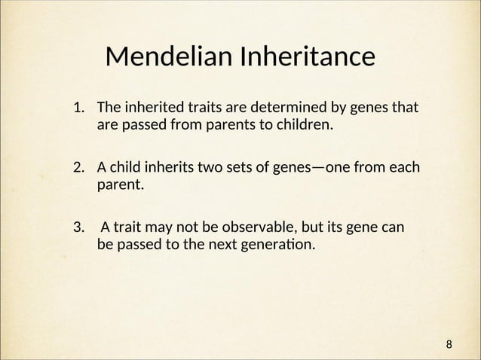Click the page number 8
click(449, 345)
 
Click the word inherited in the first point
click(149, 107)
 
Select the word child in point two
click(125, 166)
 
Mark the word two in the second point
click(211, 166)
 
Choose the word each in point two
click(404, 166)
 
